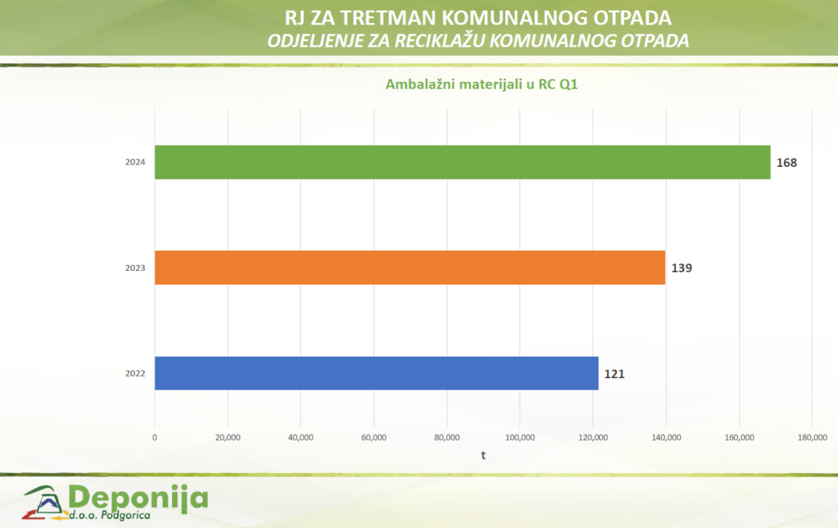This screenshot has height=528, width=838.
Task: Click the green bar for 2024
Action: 462,162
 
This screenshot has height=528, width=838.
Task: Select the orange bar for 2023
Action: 409,268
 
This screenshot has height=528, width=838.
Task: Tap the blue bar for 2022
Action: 376,373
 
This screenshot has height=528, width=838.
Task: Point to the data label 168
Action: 786,163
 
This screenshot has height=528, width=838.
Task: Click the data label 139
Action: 682,268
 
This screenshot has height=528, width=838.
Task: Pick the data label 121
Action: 615,374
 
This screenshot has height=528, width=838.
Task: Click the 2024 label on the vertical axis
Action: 135,163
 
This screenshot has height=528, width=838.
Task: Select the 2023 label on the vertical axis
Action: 135,268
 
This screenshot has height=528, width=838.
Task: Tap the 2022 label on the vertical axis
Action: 135,374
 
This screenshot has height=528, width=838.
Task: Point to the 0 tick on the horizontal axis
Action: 155,438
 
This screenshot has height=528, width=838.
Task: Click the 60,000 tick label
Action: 374,438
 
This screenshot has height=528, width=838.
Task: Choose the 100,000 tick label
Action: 520,438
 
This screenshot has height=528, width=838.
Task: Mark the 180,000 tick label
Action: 812,438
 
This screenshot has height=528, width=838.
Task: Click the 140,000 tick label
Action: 666,438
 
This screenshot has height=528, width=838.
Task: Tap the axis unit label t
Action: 483,455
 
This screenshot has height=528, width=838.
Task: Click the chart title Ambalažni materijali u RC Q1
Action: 482,84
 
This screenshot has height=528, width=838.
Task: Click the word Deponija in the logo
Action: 139,497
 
